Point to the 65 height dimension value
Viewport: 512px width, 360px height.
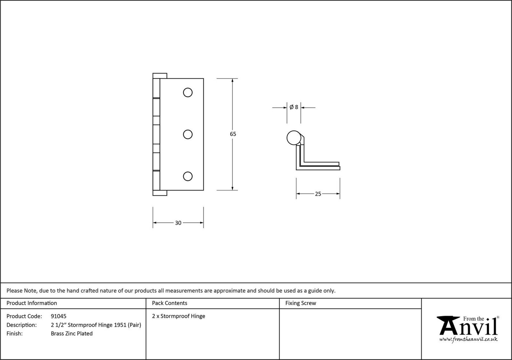pyautogui.click(x=233, y=134)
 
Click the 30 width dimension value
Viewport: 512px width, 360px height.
pyautogui.click(x=178, y=223)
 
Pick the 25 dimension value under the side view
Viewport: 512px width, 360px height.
pyautogui.click(x=318, y=194)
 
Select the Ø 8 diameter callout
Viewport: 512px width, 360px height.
pyautogui.click(x=294, y=107)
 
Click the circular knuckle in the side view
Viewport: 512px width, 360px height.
pyautogui.click(x=294, y=138)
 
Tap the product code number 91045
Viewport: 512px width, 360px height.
pyautogui.click(x=59, y=316)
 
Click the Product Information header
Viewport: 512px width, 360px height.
pyautogui.click(x=32, y=303)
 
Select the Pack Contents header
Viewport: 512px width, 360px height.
pyautogui.click(x=170, y=303)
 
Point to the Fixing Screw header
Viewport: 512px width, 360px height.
pyautogui.click(x=301, y=303)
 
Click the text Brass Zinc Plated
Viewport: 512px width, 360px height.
pyautogui.click(x=72, y=333)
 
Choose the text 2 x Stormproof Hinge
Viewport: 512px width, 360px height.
pyautogui.click(x=179, y=316)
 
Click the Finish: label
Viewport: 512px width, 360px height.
pyautogui.click(x=15, y=333)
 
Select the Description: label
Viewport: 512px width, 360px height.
pyautogui.click(x=21, y=325)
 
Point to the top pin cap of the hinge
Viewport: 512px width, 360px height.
pyautogui.click(x=160, y=76)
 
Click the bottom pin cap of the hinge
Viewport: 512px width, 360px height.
pyautogui.click(x=160, y=193)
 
